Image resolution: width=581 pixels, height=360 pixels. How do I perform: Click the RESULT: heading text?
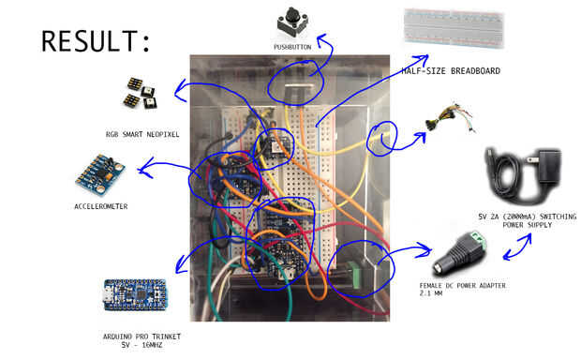pos(96,41)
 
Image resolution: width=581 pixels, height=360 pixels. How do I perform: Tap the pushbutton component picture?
pos(292,22)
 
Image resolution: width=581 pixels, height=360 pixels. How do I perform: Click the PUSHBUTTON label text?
pos(292,47)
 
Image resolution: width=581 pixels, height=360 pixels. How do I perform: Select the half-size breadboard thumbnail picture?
pos(454,29)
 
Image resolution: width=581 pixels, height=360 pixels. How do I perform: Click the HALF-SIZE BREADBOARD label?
pos(451,71)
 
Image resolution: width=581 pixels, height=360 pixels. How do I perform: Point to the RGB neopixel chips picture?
pos(140,93)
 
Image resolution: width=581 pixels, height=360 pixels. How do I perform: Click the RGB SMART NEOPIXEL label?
pos(142,134)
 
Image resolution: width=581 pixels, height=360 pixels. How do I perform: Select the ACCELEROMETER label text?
pos(101,206)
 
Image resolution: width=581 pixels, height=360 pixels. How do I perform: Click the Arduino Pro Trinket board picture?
pos(136,294)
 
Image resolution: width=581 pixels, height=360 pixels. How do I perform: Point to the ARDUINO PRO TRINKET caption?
pos(142,340)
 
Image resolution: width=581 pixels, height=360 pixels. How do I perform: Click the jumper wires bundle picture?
pos(450,118)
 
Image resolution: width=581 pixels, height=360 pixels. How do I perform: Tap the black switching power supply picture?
pos(524,175)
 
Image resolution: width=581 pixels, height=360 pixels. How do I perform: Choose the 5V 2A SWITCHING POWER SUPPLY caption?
pos(528,220)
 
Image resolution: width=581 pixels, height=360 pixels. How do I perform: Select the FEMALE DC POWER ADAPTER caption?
pos(462,289)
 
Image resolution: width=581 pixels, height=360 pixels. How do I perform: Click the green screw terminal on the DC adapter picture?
pos(478,239)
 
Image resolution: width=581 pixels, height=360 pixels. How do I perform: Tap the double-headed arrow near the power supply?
pos(517,247)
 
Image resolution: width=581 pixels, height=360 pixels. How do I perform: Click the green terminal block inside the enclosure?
pos(354,275)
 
